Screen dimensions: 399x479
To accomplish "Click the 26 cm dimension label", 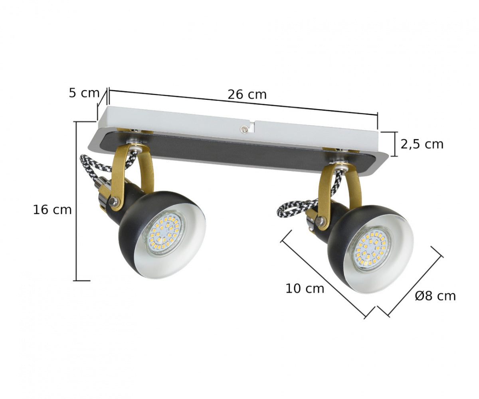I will click(247, 95).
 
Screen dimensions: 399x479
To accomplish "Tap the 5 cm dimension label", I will click(83, 93).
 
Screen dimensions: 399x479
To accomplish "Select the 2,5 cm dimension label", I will click(422, 144).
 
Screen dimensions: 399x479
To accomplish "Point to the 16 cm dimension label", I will click(52, 210).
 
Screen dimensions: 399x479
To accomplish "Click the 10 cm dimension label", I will click(305, 288).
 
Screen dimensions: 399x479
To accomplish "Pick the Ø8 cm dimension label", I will click(435, 296).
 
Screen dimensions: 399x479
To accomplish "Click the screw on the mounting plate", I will click(243, 128).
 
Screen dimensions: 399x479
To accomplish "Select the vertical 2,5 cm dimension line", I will click(395, 144).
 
